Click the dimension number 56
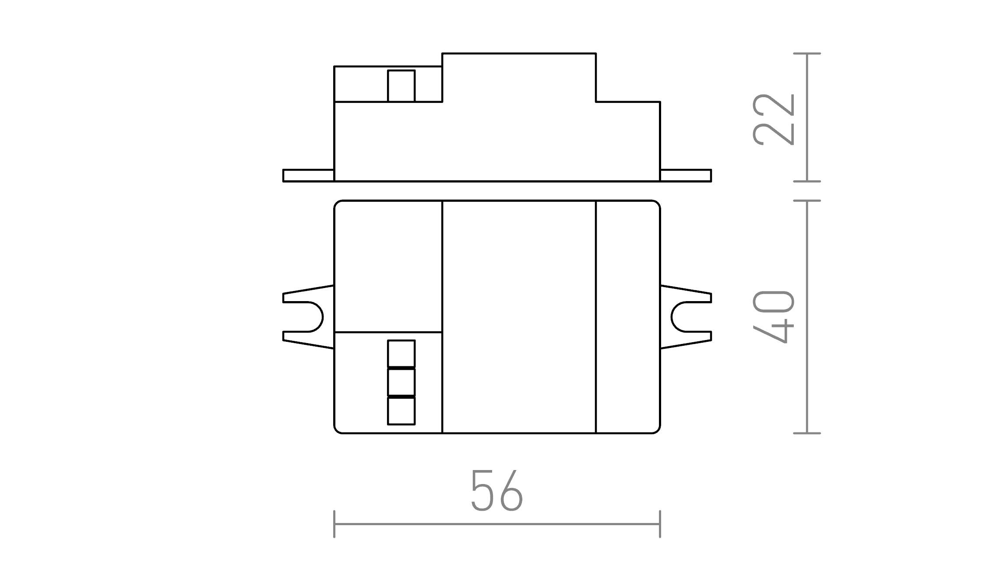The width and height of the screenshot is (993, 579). pos(496,491)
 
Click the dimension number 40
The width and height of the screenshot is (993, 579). pos(774,316)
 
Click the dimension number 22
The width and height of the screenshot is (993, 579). pos(774,119)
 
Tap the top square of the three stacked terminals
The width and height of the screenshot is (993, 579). pos(401,353)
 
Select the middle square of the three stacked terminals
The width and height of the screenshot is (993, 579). pos(401,382)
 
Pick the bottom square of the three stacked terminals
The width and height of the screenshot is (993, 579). pos(401,411)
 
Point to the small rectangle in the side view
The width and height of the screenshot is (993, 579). pos(401,86)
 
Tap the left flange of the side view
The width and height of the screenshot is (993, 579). pos(308,175)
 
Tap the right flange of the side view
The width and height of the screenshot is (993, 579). pos(686,175)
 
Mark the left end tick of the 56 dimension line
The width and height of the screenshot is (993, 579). pos(334,524)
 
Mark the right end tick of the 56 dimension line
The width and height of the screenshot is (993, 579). pos(660,524)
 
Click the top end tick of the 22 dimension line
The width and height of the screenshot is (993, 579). pos(807,53)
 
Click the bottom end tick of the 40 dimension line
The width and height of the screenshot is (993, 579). pos(807,433)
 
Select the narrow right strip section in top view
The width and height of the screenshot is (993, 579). pos(628,317)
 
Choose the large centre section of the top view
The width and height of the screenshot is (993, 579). pos(519,317)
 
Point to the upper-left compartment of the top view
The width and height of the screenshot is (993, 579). pos(388,266)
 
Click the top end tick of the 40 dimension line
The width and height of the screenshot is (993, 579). pos(807,200)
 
